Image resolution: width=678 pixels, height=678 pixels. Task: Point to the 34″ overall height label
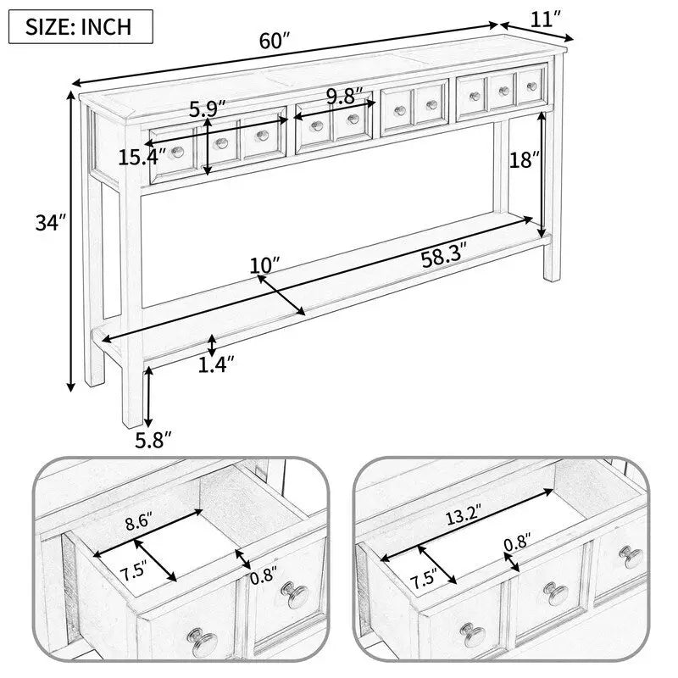(x=49, y=224)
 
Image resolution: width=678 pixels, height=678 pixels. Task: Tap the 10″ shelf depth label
(x=264, y=265)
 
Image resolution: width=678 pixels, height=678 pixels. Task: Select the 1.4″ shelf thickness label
(x=216, y=364)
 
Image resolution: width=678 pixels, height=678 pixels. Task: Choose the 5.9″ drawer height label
(x=208, y=109)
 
